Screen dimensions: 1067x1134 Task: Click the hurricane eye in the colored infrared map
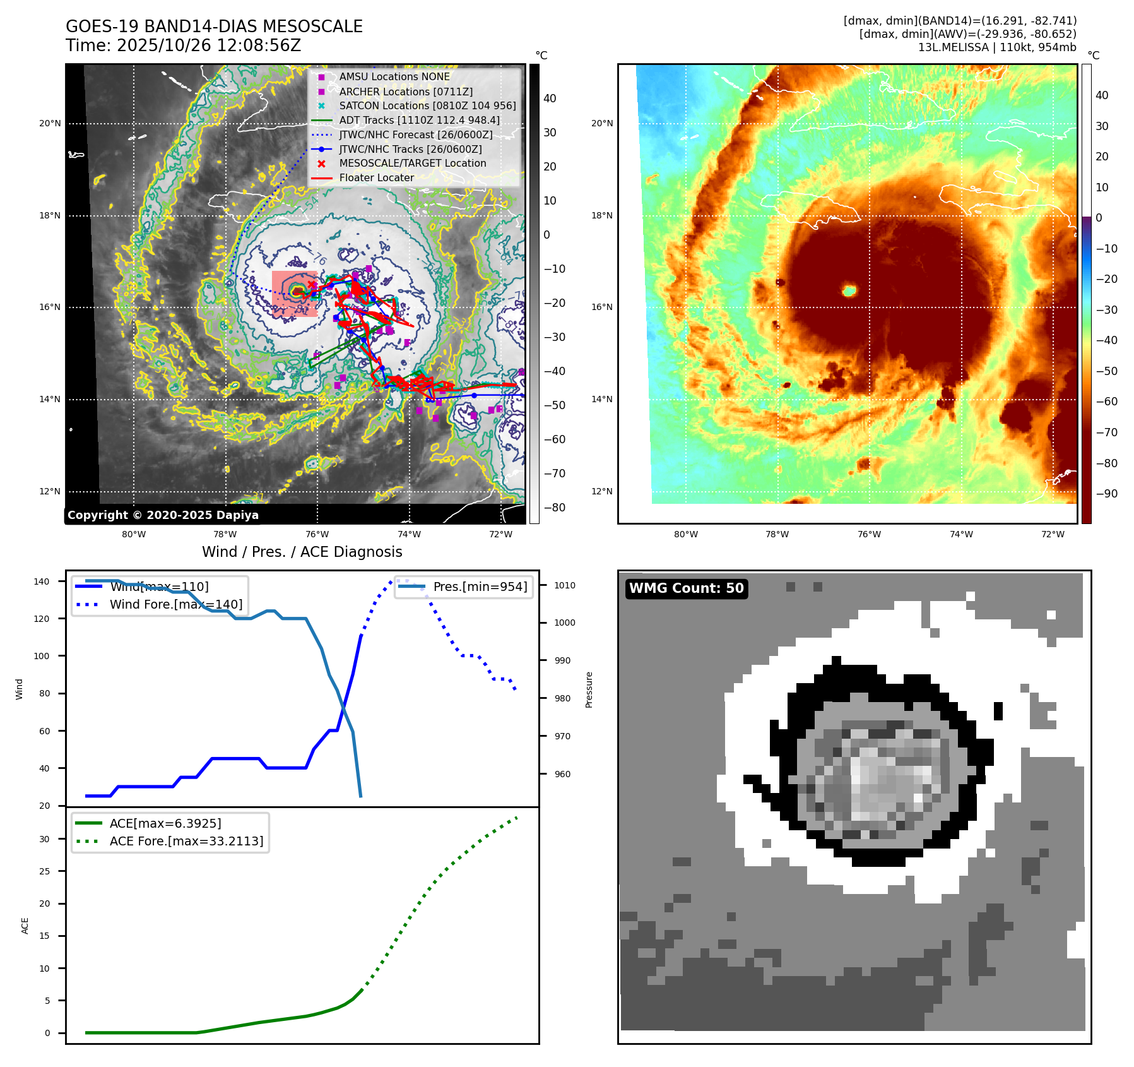click(849, 290)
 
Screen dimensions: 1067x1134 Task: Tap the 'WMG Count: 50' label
click(686, 588)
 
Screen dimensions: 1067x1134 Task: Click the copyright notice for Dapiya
click(163, 515)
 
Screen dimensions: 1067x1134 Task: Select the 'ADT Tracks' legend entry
click(419, 120)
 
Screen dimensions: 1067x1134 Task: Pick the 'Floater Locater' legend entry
click(376, 178)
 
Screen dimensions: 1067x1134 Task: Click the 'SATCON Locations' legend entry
click(427, 105)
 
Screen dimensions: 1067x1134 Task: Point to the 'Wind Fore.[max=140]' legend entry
click(175, 604)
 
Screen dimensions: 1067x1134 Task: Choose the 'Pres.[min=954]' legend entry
click(480, 587)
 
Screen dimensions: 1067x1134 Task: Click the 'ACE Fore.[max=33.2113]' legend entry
click(186, 841)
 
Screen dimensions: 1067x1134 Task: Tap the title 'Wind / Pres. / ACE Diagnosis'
click(302, 552)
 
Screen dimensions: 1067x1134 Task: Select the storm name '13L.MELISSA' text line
click(997, 47)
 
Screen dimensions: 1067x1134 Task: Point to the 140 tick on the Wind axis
click(41, 581)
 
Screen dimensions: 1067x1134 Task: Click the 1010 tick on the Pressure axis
click(565, 585)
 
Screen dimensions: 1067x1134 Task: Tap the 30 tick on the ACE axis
click(44, 839)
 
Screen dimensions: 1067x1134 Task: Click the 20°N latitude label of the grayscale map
click(50, 124)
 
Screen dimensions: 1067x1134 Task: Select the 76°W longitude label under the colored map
click(869, 534)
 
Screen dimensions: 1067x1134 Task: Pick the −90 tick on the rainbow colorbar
click(1106, 494)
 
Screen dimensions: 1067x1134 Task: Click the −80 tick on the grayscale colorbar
click(555, 508)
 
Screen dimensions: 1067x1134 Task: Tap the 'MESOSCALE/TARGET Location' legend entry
click(412, 164)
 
